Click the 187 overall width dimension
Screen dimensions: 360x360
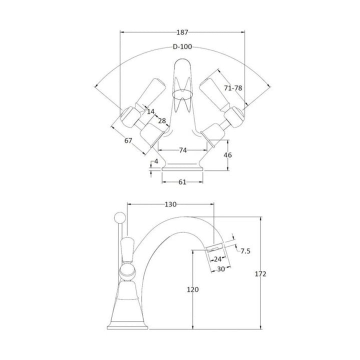click(182, 32)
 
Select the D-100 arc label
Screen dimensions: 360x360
click(182, 47)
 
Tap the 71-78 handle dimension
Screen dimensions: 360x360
click(232, 87)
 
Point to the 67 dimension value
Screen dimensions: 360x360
click(128, 141)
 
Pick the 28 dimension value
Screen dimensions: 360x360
click(162, 121)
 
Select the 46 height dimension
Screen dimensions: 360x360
click(227, 155)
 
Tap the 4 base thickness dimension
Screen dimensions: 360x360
click(156, 161)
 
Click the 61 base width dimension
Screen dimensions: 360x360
click(182, 182)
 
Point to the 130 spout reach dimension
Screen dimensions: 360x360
click(171, 204)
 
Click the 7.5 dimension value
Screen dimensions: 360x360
click(245, 250)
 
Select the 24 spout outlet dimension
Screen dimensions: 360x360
click(217, 259)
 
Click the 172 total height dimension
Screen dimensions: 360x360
click(261, 274)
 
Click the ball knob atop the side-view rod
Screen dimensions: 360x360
click(119, 216)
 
